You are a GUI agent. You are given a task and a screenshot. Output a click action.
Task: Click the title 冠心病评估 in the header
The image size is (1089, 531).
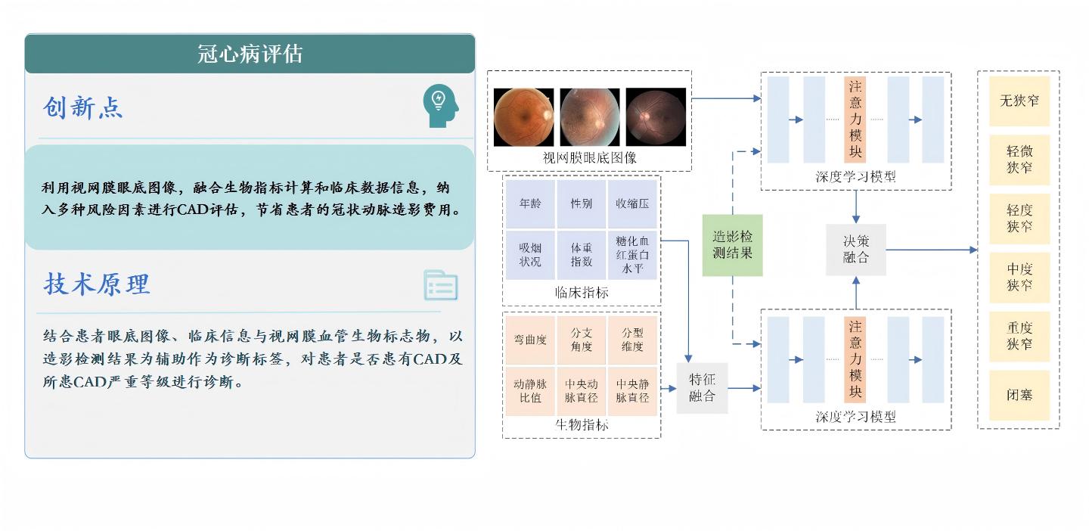coord(250,54)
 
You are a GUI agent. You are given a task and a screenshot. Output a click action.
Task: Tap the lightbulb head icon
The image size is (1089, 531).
coord(440,106)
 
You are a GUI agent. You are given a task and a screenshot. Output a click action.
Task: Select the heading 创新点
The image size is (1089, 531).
coord(82,108)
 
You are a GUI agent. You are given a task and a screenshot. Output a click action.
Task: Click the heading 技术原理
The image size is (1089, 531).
coord(97,284)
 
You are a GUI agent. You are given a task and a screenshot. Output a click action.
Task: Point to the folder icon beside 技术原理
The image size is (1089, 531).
coord(440,285)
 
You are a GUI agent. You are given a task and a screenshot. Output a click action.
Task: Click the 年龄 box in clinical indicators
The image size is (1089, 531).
coord(531,203)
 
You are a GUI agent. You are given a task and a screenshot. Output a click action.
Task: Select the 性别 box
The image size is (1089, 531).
coord(582,203)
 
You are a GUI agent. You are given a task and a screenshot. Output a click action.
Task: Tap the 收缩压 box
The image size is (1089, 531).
coord(632,203)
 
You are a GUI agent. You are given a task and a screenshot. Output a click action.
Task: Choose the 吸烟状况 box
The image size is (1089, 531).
coord(531,255)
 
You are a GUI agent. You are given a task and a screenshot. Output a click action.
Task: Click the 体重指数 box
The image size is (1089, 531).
coord(582,255)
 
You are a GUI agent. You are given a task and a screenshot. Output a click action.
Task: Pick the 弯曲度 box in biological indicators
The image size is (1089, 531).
coord(531,340)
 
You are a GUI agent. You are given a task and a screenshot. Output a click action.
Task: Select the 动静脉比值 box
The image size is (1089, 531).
coord(531,390)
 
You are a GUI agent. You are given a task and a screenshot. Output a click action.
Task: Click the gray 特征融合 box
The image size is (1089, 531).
coord(702,388)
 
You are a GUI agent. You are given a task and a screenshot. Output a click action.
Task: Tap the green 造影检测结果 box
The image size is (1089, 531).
coord(732,245)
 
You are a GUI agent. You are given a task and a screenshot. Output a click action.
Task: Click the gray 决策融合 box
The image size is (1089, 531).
coord(856,249)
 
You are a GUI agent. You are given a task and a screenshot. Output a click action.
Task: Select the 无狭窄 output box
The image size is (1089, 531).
coord(1019,101)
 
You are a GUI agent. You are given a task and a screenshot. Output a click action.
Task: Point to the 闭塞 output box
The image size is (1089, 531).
coord(1019,395)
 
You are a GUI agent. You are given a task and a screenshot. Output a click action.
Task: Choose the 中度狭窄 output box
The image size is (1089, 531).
coord(1019,277)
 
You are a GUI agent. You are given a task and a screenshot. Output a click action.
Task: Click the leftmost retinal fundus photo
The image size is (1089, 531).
coord(523,116)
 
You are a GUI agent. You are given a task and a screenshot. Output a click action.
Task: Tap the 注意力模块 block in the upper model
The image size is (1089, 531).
coord(855,120)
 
